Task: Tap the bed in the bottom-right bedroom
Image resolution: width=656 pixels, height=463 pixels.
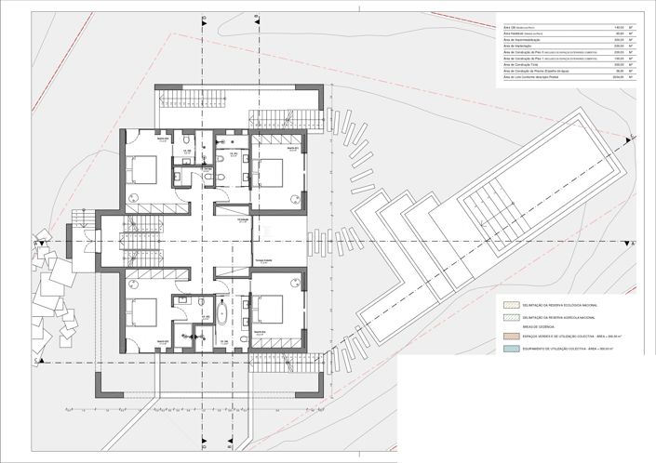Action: pos(270,310)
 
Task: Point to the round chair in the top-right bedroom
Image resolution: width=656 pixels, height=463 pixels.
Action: pos(296,196)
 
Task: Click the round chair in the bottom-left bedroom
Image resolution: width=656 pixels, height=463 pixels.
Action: pos(139,341)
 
